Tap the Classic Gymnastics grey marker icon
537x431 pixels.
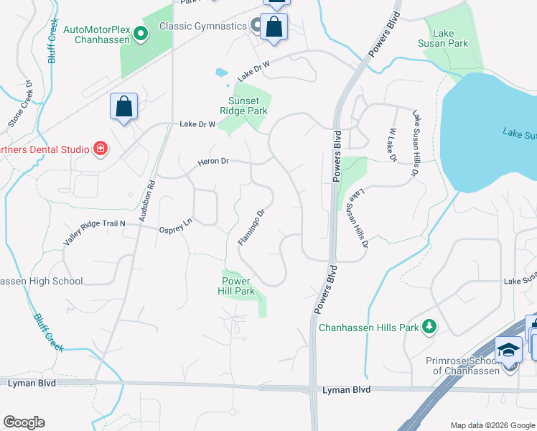(x=257, y=26)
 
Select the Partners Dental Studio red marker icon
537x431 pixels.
(x=101, y=149)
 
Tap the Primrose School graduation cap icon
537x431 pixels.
(x=509, y=350)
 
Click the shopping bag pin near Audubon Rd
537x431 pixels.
(x=123, y=107)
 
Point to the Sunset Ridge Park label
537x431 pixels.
(x=248, y=106)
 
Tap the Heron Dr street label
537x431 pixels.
(x=214, y=162)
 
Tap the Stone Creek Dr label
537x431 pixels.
(x=22, y=104)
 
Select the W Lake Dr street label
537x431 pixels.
(x=393, y=144)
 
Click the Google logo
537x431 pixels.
(x=24, y=422)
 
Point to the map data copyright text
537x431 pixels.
(x=492, y=425)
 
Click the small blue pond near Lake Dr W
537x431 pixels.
(x=221, y=73)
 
